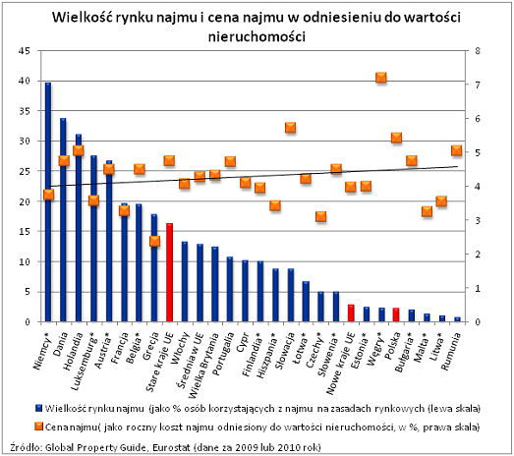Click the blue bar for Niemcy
tap(48, 201)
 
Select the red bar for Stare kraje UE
tap(169, 272)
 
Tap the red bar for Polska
tap(396, 314)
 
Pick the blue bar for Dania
tap(63, 219)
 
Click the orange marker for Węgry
tap(381, 78)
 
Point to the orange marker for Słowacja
tap(291, 128)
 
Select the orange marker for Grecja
tap(154, 242)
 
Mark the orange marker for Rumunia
tap(457, 150)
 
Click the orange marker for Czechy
tap(321, 216)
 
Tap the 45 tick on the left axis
tap(24, 51)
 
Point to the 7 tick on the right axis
tap(477, 85)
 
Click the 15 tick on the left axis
tap(24, 232)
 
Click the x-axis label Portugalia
tap(223, 354)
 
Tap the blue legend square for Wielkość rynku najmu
tap(39, 408)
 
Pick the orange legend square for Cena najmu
tap(39, 427)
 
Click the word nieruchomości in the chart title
tap(257, 36)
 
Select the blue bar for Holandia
tap(78, 228)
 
